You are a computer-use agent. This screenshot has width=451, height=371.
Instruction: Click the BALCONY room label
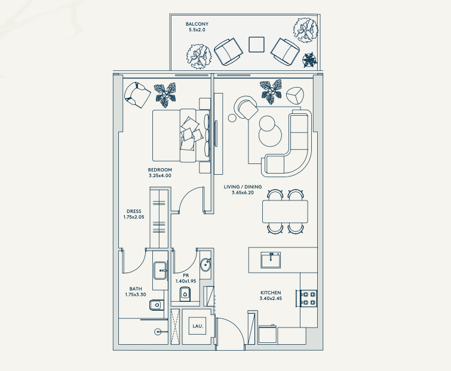pyautogui.click(x=197, y=24)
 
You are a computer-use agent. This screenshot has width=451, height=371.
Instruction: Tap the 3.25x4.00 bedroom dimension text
pyautogui.click(x=160, y=176)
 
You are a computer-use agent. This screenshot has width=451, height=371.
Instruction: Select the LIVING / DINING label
pyautogui.click(x=243, y=187)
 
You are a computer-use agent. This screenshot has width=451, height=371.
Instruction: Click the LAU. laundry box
pyautogui.click(x=198, y=326)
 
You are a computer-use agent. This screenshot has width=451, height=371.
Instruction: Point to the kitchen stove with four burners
pyautogui.click(x=309, y=298)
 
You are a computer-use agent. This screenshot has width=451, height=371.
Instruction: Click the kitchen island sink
pyautogui.click(x=271, y=260)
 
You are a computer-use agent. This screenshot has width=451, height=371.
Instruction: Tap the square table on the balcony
pyautogui.click(x=256, y=45)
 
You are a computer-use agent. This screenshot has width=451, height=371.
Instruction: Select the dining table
pyautogui.click(x=285, y=212)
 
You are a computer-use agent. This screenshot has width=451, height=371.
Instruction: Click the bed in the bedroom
pyautogui.click(x=180, y=135)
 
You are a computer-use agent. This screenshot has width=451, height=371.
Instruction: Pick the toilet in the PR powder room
pyautogui.click(x=185, y=293)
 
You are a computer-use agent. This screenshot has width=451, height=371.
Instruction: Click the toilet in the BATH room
pyautogui.click(x=157, y=305)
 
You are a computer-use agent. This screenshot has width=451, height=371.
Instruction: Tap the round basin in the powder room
pyautogui.click(x=206, y=265)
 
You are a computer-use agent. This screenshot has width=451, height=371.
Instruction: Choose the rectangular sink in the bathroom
pyautogui.click(x=161, y=270)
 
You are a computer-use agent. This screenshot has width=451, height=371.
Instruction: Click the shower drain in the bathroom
pyautogui.click(x=157, y=332)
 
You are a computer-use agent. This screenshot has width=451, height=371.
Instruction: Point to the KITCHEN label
pyautogui.click(x=271, y=293)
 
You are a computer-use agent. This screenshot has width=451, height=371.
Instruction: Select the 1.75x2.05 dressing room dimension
pyautogui.click(x=134, y=217)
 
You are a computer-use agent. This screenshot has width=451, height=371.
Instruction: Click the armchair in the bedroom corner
pyautogui.click(x=137, y=95)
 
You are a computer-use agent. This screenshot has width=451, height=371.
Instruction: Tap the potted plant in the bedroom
pyautogui.click(x=165, y=95)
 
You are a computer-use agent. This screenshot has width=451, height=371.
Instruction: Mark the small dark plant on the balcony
pyautogui.click(x=309, y=60)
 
